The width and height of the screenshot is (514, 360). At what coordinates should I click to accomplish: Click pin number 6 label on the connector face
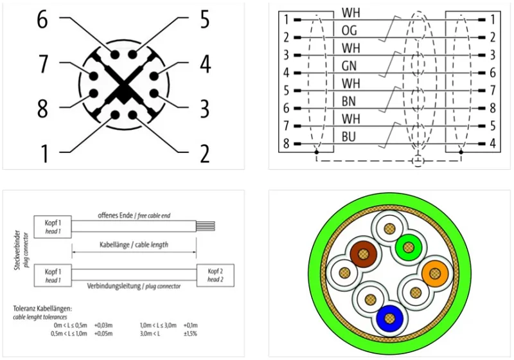[42, 19]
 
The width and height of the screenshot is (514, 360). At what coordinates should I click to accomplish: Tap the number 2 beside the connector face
[204, 154]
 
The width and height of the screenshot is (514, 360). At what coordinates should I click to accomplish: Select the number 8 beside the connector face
[42, 109]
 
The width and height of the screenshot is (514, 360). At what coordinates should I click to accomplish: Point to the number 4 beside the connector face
[205, 64]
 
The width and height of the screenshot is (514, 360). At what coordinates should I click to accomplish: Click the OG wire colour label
[349, 30]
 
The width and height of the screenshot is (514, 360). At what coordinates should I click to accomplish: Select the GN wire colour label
[349, 66]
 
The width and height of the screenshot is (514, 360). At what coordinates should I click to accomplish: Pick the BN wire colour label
[348, 102]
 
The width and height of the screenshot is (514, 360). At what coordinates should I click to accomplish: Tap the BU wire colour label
[348, 137]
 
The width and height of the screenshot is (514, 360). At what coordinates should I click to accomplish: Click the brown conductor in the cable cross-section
[363, 254]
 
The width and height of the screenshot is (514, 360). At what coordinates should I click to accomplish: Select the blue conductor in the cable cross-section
[389, 318]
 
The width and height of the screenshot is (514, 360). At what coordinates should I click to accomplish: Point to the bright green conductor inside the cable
[408, 248]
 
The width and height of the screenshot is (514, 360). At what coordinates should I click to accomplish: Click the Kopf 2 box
[215, 275]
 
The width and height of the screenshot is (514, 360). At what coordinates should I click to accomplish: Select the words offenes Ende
[115, 215]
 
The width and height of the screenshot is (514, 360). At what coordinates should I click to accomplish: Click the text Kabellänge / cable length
[134, 244]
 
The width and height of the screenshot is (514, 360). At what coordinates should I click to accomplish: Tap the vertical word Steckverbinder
[17, 250]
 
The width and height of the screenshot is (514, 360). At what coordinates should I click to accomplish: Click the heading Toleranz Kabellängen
[42, 309]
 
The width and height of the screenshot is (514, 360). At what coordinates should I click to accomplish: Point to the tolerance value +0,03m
[103, 325]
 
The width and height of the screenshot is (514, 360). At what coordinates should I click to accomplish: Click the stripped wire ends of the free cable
[206, 226]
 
